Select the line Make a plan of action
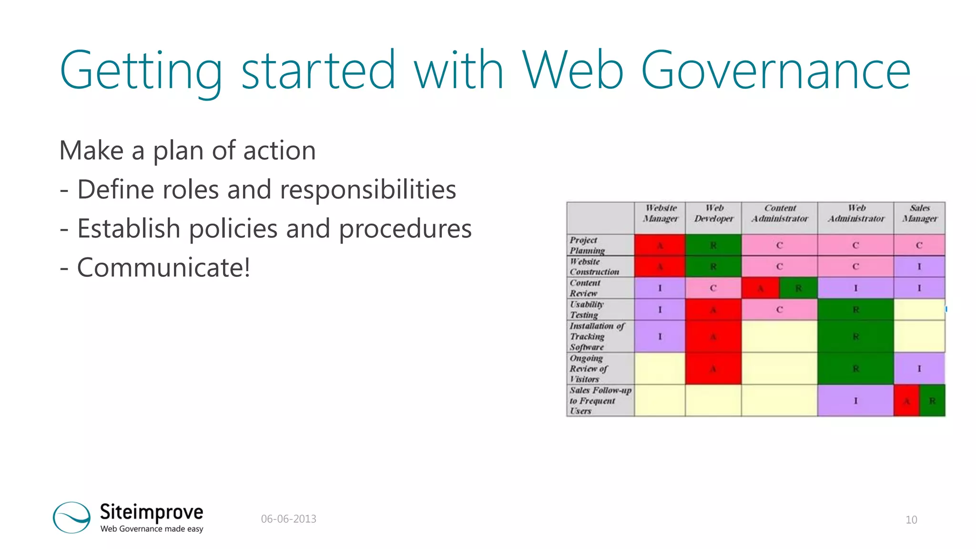tap(187, 151)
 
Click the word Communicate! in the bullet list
tap(163, 267)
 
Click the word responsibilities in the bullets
tap(368, 190)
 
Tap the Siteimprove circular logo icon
tap(71, 517)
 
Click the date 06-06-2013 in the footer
tap(288, 519)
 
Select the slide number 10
tap(911, 520)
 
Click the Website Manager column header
tap(660, 213)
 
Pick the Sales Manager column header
tap(919, 213)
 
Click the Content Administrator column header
tap(780, 213)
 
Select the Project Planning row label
tap(587, 245)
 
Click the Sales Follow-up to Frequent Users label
tap(600, 401)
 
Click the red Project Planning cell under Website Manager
tap(660, 245)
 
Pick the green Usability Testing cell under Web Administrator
tap(855, 310)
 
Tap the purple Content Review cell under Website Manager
tap(660, 288)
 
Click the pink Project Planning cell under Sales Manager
tap(919, 245)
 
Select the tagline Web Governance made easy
tap(152, 529)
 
